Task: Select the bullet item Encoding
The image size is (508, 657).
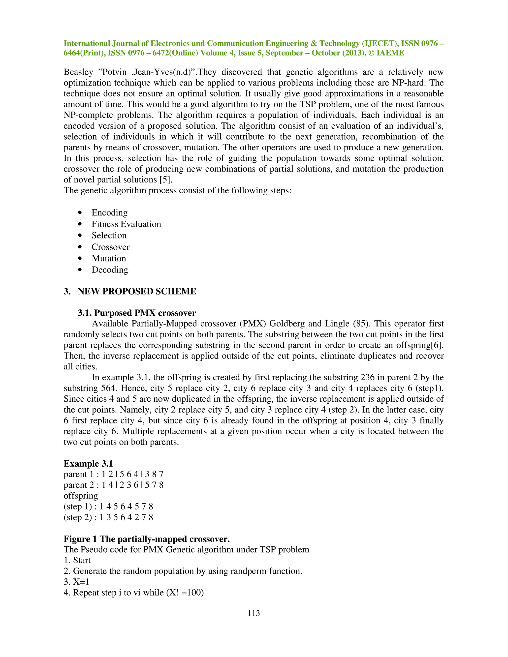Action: tap(110, 213)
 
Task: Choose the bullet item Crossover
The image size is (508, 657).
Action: tap(110, 247)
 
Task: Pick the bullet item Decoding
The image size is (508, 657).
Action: tap(110, 270)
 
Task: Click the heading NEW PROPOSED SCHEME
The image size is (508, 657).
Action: tap(137, 292)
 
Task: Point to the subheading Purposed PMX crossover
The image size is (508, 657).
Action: tap(137, 313)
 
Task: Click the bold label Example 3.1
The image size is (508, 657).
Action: tap(88, 464)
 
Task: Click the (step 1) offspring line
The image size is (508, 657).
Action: tap(108, 507)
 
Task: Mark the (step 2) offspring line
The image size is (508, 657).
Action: tap(108, 517)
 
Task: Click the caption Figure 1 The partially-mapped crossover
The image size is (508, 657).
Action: tap(147, 539)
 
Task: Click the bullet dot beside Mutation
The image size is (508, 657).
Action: tap(80, 258)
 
